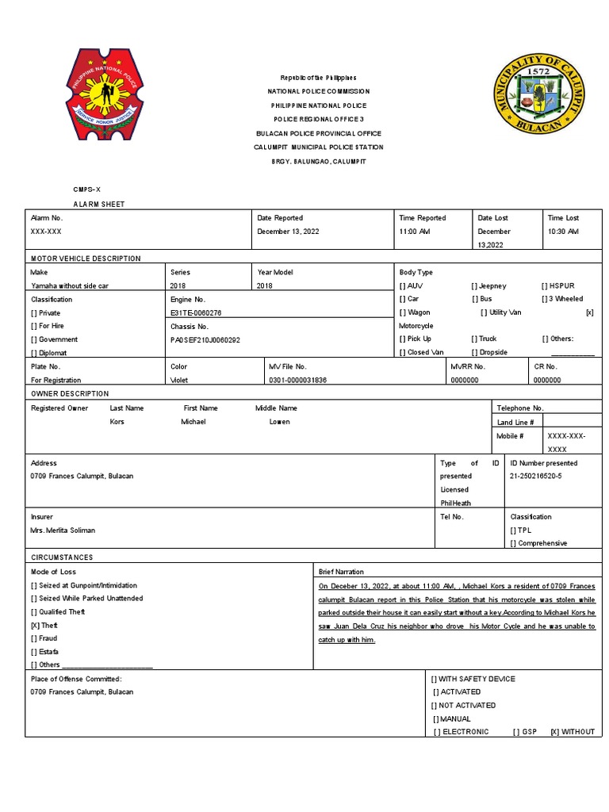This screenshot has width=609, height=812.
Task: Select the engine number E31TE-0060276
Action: [196, 312]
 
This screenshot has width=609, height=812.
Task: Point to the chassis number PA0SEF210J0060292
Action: [205, 339]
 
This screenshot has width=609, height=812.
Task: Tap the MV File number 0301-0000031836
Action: [297, 380]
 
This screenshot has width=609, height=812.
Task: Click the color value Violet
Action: [180, 380]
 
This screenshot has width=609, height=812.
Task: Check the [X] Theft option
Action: [44, 625]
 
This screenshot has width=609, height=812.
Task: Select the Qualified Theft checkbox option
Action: [58, 611]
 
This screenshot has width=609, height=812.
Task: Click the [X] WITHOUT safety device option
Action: [572, 731]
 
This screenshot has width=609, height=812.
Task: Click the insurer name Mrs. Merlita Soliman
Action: [63, 530]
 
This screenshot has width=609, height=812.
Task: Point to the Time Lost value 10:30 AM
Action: [562, 231]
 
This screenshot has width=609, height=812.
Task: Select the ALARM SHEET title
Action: [99, 204]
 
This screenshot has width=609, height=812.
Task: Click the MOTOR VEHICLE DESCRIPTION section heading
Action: [86, 259]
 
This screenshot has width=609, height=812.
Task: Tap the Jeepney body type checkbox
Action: [488, 285]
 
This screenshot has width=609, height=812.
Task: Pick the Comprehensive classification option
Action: [538, 543]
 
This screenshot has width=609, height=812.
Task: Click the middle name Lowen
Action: [279, 421]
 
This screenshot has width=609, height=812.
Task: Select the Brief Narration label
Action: [341, 572]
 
